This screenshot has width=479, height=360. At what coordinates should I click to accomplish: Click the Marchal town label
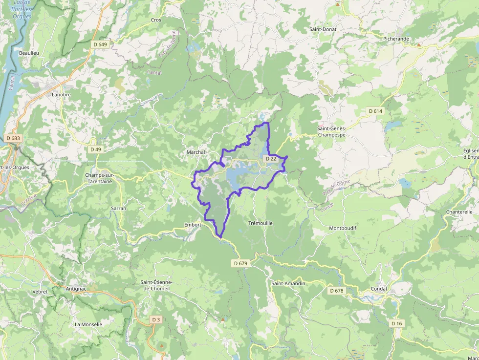196,152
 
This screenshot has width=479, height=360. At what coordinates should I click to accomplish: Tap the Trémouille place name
261,223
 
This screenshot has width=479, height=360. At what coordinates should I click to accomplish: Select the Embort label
193,225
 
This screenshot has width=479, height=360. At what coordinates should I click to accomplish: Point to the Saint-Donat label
323,29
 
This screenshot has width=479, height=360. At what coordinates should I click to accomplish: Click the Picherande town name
396,39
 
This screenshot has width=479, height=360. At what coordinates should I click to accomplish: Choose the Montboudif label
343,228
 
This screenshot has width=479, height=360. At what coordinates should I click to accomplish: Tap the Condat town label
379,289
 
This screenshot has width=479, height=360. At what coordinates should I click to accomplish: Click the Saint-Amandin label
288,283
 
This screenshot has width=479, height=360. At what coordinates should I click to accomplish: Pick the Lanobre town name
61,95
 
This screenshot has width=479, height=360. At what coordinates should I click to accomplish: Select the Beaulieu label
28,53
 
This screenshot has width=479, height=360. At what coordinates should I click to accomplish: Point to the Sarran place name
119,208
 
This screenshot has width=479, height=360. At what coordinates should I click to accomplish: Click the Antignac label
76,289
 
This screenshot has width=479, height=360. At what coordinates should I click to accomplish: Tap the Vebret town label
40,292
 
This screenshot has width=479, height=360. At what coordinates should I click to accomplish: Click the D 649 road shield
100,44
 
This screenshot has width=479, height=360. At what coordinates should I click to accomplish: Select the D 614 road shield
375,111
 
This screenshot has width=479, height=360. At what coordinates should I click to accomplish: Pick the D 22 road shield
270,159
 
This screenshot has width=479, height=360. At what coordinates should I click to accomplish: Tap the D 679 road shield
241,263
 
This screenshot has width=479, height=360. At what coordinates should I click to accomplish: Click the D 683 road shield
14,138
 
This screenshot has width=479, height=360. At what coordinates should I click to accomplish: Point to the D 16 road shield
396,323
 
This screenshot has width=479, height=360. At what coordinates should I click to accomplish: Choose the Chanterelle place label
459,212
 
